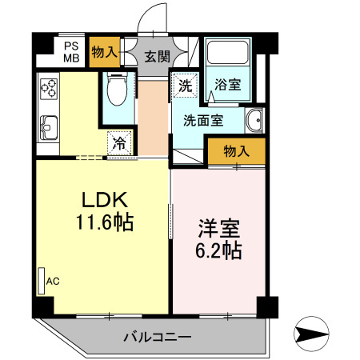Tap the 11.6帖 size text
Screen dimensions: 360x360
point(103,222)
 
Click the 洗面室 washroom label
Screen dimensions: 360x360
point(203,121)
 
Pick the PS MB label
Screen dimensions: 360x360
point(71,52)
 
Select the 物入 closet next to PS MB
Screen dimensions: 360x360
point(104,52)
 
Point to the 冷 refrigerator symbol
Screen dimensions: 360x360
point(118,144)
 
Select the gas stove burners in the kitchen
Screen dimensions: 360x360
point(48,86)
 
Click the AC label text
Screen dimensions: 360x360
point(54,281)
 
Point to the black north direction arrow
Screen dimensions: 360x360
point(313,332)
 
